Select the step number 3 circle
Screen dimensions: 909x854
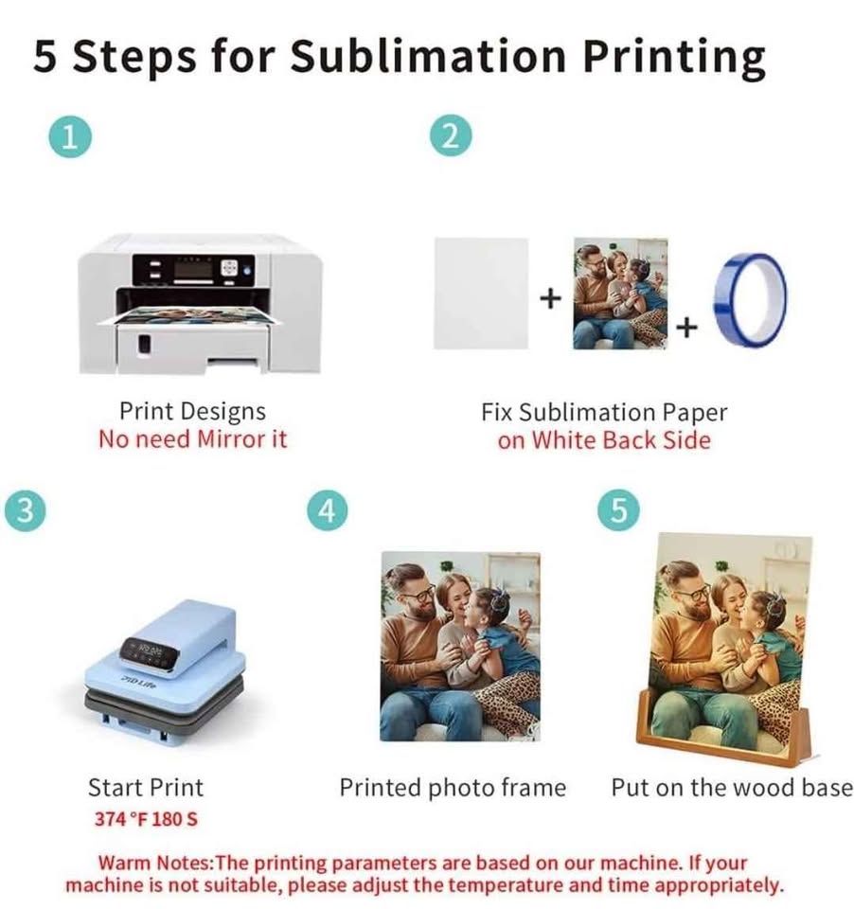point(26,510)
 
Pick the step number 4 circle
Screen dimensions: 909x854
point(326,510)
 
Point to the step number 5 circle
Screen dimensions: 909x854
point(618,510)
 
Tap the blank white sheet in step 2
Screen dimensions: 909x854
point(480,293)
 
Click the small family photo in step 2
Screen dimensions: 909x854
point(620,293)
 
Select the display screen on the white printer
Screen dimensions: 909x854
point(193,269)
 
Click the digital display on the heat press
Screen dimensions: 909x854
point(150,651)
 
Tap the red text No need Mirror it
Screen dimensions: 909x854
point(192,439)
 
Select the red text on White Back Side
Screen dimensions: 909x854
point(604,439)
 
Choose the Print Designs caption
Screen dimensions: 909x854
point(192,412)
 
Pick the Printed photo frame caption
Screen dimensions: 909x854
point(453,788)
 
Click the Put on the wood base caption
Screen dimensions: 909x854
point(731,788)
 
